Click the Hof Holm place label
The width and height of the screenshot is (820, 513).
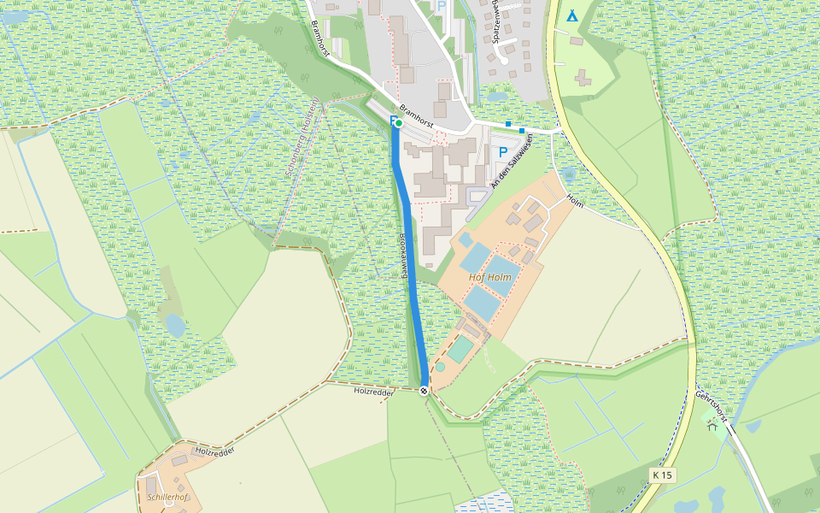click(x=490, y=277)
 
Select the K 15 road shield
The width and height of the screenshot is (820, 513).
click(x=662, y=475)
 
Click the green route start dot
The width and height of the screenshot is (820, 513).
click(x=398, y=123)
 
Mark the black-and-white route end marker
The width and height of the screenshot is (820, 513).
click(x=425, y=391)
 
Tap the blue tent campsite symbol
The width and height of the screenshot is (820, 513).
click(x=571, y=15)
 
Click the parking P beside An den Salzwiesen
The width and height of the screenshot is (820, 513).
click(x=503, y=152)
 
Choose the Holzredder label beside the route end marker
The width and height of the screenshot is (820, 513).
click(x=373, y=391)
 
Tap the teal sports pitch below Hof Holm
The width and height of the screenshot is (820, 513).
click(x=460, y=349)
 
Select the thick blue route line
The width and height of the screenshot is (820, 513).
click(x=409, y=256)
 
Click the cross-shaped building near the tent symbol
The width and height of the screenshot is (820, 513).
click(x=585, y=79)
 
